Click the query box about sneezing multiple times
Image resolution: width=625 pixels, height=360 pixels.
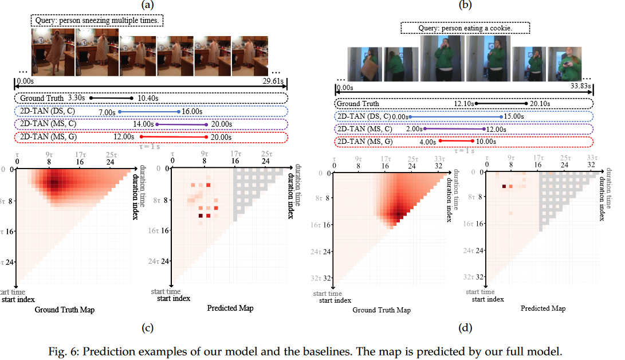[x=98, y=21]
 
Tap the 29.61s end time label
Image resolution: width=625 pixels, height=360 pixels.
[x=273, y=81]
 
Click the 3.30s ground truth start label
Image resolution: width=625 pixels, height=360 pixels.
[x=76, y=99]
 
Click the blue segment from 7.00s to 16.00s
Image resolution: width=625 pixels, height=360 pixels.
[x=150, y=111]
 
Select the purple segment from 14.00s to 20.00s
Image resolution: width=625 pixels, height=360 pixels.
[x=181, y=124]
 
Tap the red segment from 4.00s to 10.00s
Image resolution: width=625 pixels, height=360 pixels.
[x=456, y=142]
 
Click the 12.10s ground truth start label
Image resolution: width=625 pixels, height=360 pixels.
[x=464, y=104]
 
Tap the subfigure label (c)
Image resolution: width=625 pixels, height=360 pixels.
[x=148, y=328]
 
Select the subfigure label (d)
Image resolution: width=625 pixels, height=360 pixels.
[x=465, y=328]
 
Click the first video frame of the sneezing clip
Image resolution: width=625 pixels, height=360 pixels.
[x=52, y=53]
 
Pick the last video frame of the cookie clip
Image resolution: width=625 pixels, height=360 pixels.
[x=565, y=63]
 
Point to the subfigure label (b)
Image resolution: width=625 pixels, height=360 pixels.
[x=465, y=5]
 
